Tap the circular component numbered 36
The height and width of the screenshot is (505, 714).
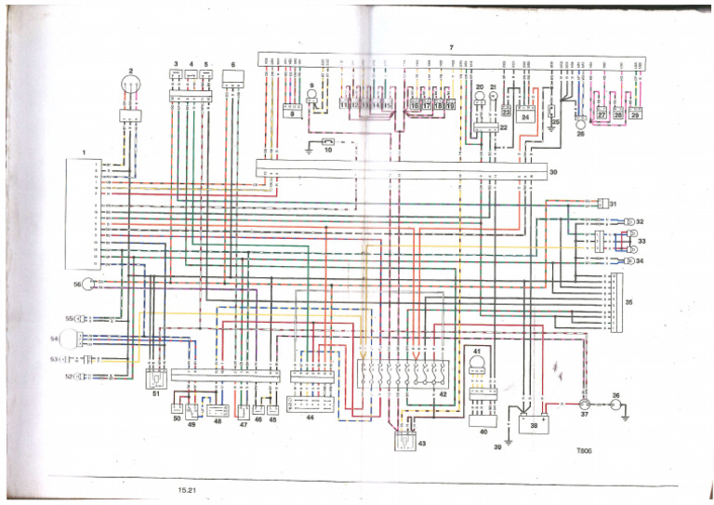point(614,406)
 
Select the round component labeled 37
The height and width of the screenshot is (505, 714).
point(585,405)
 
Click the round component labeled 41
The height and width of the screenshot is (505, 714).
point(479,365)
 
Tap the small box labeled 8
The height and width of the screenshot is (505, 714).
point(293,113)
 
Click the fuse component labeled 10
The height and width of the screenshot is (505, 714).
point(328,143)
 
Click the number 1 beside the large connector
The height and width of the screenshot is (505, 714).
point(84,151)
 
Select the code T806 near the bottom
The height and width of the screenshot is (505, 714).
point(583,456)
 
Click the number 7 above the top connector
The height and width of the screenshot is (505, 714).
point(451,47)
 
